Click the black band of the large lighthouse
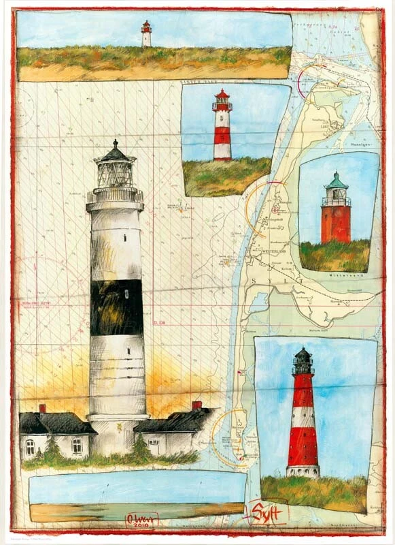click(x=116, y=307)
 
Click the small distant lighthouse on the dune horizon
click(x=146, y=34)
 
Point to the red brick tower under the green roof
click(x=336, y=223)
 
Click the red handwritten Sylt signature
click(x=267, y=510)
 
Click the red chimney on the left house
click(x=42, y=409)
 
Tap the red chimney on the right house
click(x=196, y=405)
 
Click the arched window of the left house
click(x=30, y=447)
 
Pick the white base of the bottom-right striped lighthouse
click(x=303, y=471)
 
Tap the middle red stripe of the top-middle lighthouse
click(x=222, y=131)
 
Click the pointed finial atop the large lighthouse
click(x=116, y=143)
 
